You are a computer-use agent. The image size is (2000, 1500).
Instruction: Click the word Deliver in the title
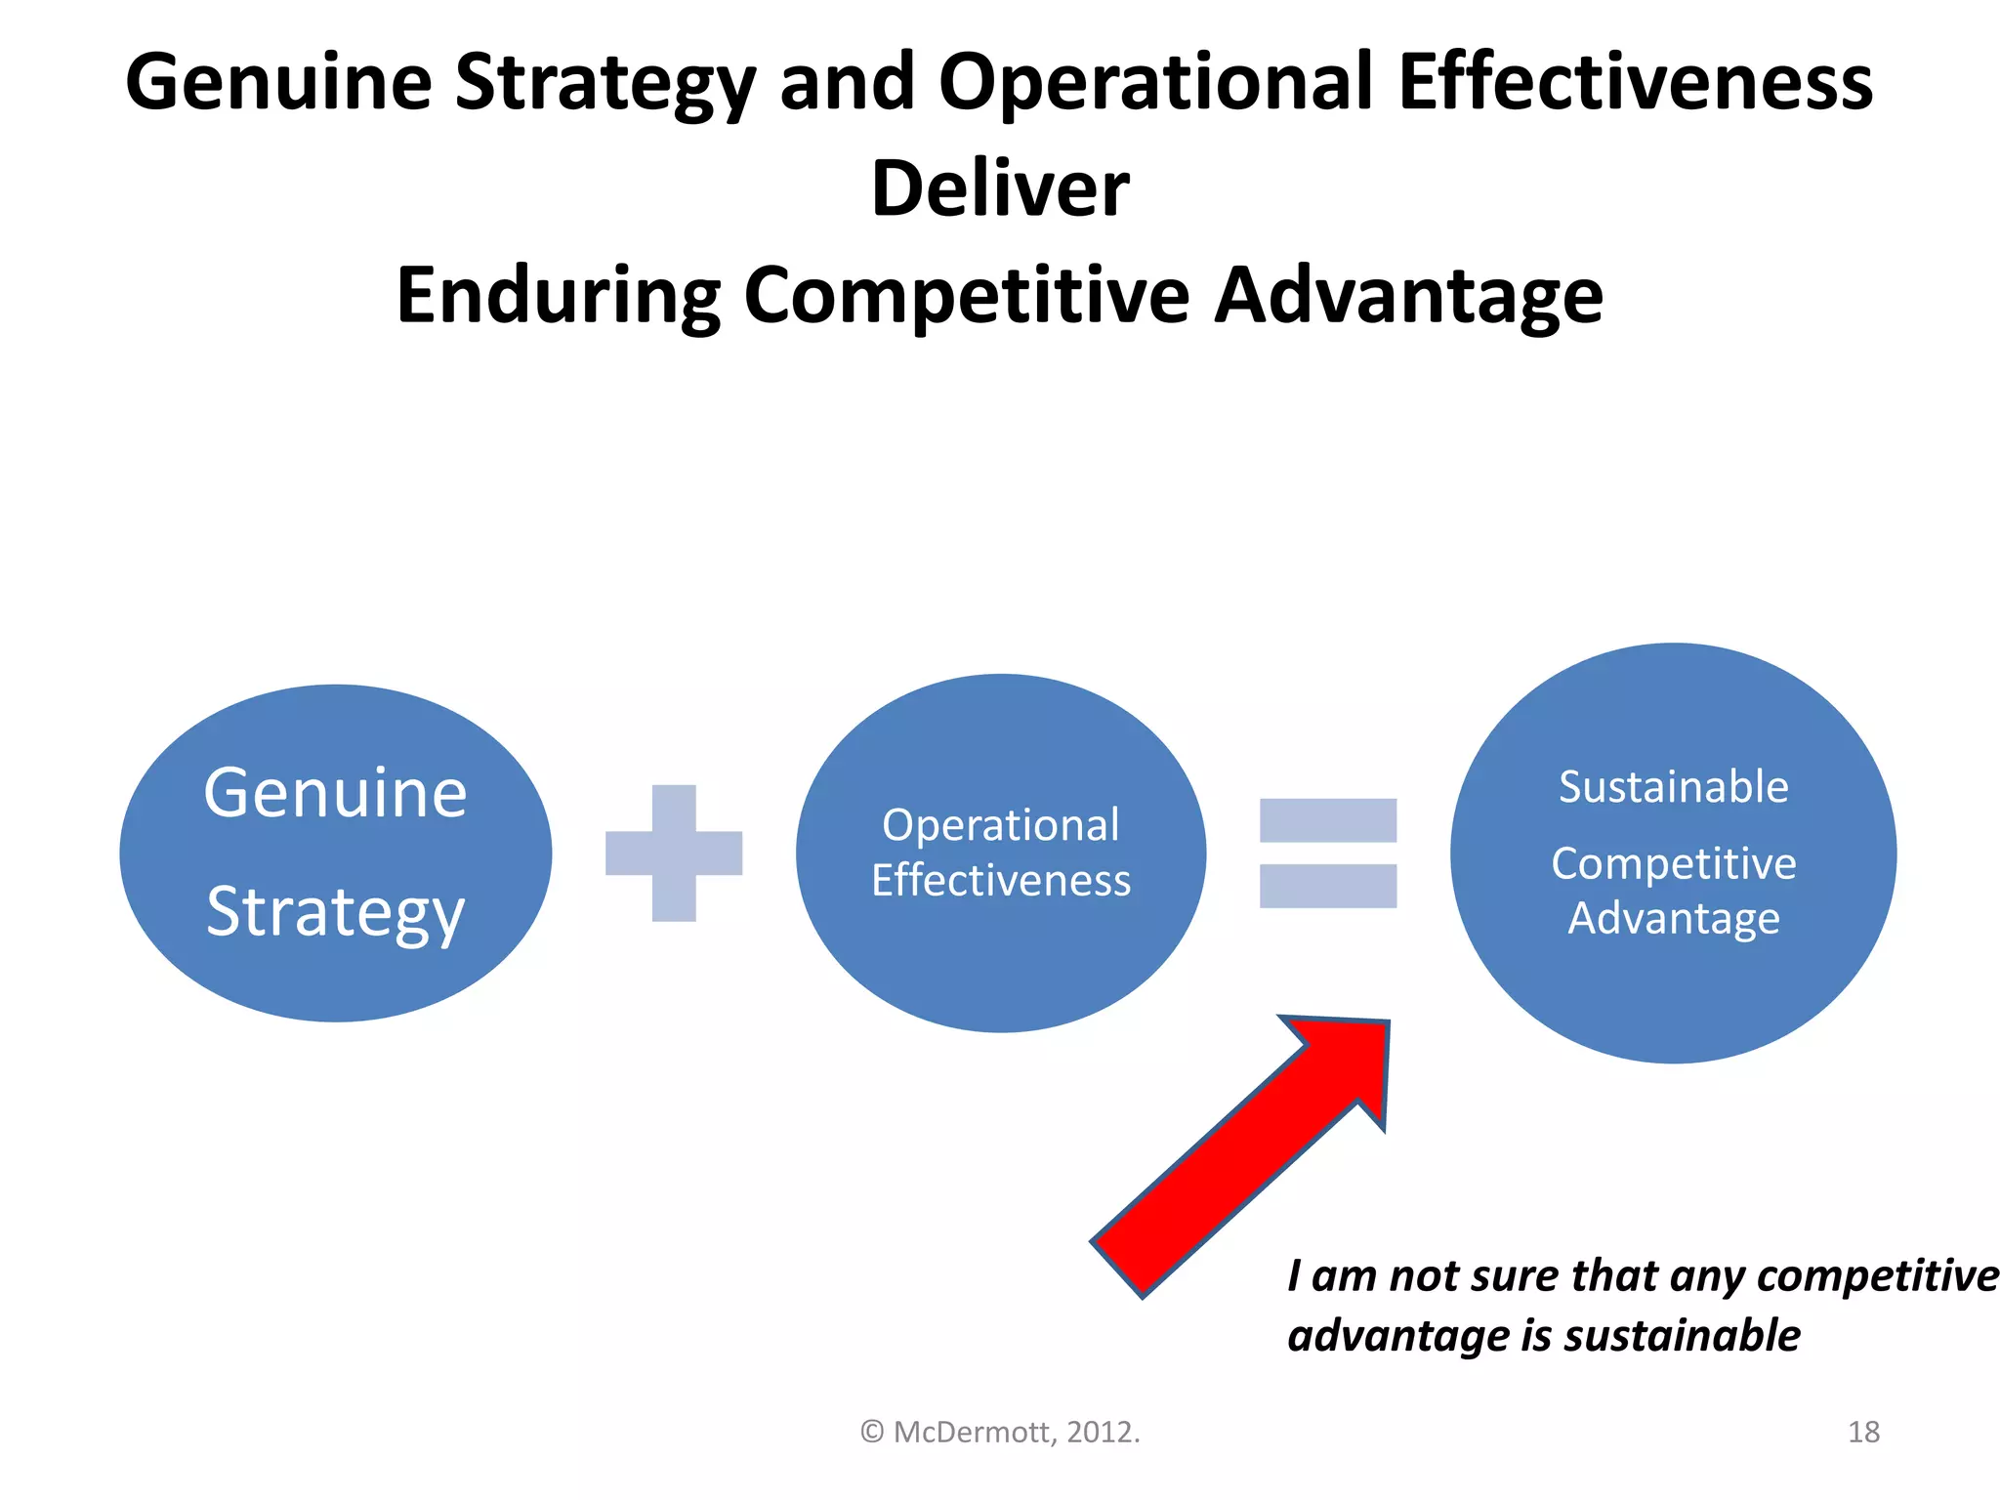point(1000,187)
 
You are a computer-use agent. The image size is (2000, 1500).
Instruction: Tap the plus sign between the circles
point(674,853)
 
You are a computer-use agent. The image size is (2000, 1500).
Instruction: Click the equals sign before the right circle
point(1327,853)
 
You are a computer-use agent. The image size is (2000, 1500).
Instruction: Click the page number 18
point(1863,1432)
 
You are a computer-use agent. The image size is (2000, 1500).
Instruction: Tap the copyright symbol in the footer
point(872,1433)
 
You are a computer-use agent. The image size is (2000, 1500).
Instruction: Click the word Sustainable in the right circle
point(1673,787)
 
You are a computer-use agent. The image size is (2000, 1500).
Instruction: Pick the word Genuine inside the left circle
point(335,793)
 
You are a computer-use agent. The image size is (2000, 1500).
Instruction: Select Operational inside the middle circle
point(1000,825)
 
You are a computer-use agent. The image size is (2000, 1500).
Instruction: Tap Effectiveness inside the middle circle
point(1000,881)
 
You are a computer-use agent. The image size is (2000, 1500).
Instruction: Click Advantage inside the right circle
point(1673,919)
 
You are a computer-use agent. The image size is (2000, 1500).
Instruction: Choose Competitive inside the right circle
point(1673,863)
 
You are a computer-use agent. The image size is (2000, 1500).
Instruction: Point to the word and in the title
point(846,82)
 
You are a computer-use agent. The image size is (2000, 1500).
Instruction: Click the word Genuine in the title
point(279,82)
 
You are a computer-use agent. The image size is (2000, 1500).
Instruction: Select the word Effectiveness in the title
point(1635,82)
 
